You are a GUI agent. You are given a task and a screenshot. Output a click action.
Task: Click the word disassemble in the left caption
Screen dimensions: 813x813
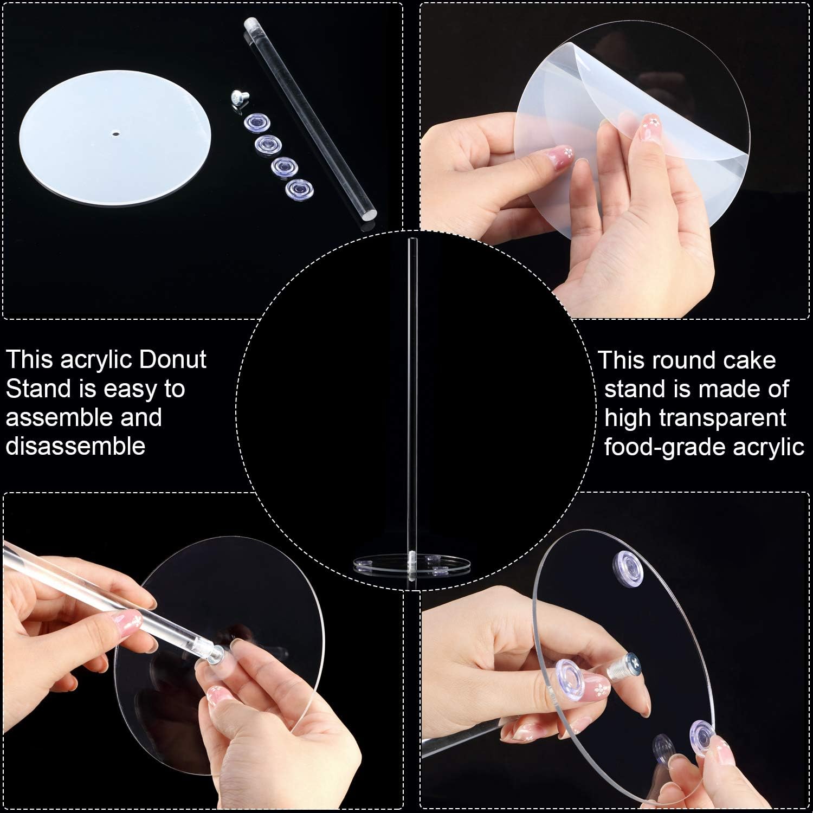click(x=75, y=446)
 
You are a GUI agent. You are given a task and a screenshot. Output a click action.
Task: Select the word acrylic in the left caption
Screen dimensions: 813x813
click(x=96, y=360)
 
